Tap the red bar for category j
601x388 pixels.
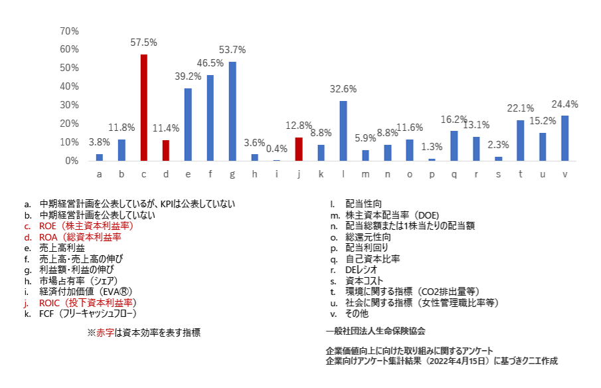pyautogui.click(x=299, y=149)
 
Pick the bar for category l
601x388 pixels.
pyautogui.click(x=343, y=131)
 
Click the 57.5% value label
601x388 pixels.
pyautogui.click(x=143, y=42)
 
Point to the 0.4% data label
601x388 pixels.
pyautogui.click(x=276, y=148)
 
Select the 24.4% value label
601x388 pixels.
pyautogui.click(x=565, y=104)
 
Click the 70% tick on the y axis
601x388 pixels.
pyautogui.click(x=69, y=31)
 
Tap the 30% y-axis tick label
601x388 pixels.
pyautogui.click(x=69, y=105)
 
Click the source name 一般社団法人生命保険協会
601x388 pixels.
pyautogui.click(x=375, y=330)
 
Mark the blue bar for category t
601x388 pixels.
pyautogui.click(x=521, y=140)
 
